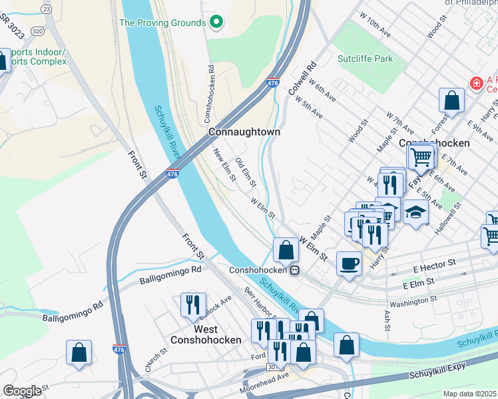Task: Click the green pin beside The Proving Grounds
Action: [216, 23]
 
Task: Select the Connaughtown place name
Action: [244, 132]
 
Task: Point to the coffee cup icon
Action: [349, 264]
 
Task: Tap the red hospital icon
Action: [475, 84]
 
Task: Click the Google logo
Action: [22, 391]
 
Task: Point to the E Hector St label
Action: [433, 264]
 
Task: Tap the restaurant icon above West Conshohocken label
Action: [193, 305]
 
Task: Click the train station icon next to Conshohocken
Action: [293, 270]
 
